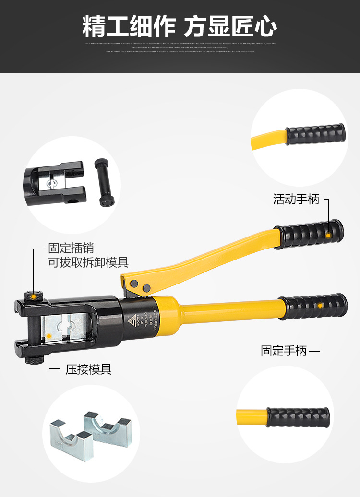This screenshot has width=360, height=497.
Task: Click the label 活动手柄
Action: (x=296, y=199)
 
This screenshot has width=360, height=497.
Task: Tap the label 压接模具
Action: (x=88, y=369)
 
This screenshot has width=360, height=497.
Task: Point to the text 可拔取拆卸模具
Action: (x=88, y=262)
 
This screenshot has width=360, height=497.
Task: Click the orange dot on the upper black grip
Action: (x=328, y=235)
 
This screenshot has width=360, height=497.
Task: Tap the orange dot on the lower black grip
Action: (x=320, y=305)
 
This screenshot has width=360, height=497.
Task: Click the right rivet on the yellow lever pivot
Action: (x=147, y=288)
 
